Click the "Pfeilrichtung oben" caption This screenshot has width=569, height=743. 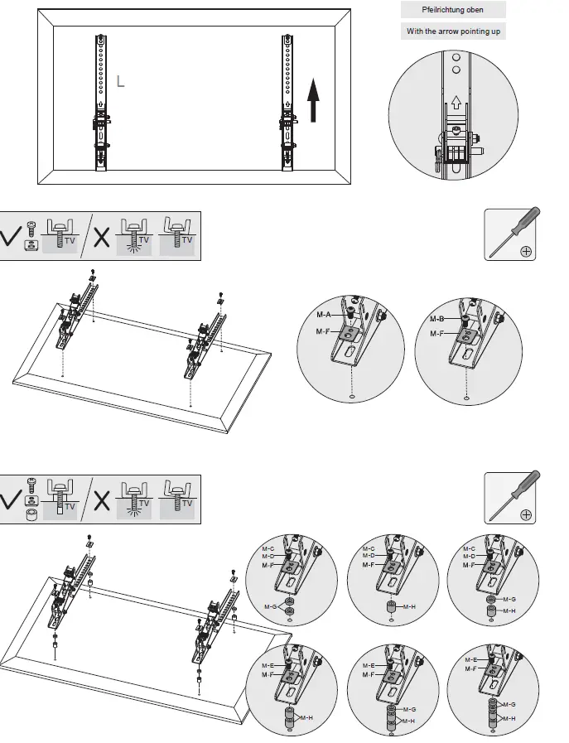click(452, 10)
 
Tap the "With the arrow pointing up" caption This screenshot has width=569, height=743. click(452, 31)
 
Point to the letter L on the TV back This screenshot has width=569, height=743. click(121, 81)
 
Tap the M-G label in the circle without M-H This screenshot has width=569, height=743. click(270, 608)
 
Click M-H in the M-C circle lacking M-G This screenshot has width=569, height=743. click(408, 607)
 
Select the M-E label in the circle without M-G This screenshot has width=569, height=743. click(268, 665)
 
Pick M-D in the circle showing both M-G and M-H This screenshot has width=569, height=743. click(469, 556)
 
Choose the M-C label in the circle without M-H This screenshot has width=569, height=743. click(268, 548)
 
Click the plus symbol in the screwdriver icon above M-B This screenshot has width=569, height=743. click(525, 252)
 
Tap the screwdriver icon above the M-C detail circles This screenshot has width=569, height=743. click(509, 498)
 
